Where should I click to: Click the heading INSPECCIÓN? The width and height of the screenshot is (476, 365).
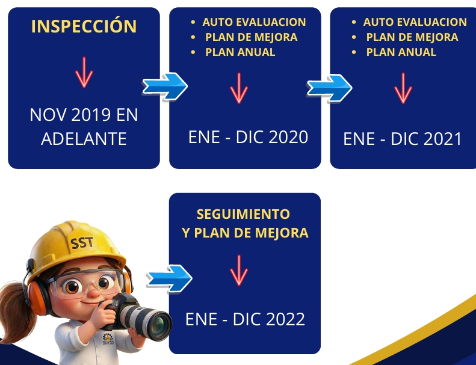point(84,26)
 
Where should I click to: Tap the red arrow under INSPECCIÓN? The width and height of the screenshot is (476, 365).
point(84,72)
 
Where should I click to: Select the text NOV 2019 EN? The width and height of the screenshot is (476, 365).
point(84,115)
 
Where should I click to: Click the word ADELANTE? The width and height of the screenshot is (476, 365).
point(84,139)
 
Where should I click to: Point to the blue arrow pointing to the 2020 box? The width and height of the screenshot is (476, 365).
point(165,87)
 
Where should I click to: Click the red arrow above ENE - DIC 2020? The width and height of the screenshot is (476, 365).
point(239,88)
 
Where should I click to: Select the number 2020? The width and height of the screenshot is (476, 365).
point(288,137)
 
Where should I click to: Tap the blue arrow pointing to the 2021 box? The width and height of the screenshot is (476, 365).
point(329,88)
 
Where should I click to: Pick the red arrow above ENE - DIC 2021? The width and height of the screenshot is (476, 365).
point(403,88)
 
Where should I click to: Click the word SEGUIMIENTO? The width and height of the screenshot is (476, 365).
point(243,214)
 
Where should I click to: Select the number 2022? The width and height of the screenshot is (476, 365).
point(285,319)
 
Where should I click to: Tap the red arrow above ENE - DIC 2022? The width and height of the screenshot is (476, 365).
point(239,271)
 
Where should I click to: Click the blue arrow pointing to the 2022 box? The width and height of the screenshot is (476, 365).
point(169,278)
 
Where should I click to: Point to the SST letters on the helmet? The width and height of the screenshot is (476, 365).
point(82,243)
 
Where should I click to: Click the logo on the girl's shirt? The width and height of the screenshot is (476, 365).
point(108,339)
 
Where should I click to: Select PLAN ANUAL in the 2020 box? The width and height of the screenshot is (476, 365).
point(240,52)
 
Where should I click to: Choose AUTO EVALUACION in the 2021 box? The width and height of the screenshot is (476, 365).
point(415,22)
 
